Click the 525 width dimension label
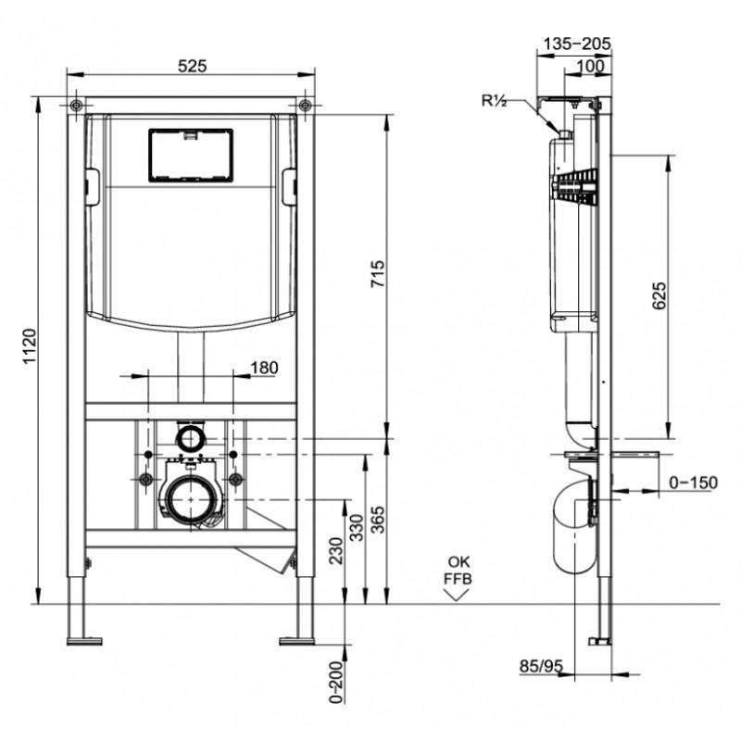point(193,66)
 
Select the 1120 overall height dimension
point(30,346)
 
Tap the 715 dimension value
point(378,273)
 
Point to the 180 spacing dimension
point(264,367)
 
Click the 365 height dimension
point(378,520)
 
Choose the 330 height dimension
point(357,527)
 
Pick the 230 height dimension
point(335,550)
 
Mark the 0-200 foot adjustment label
point(335,682)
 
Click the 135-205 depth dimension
point(576,44)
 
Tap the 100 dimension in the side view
point(590,66)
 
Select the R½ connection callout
point(495,101)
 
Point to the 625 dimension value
point(659,295)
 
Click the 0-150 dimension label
point(693,483)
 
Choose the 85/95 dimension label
point(542,666)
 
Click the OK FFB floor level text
point(458,571)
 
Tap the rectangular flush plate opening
point(191,156)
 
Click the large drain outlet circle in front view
point(191,499)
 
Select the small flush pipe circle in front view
point(191,438)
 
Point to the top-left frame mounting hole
point(76,105)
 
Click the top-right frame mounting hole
point(306,105)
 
